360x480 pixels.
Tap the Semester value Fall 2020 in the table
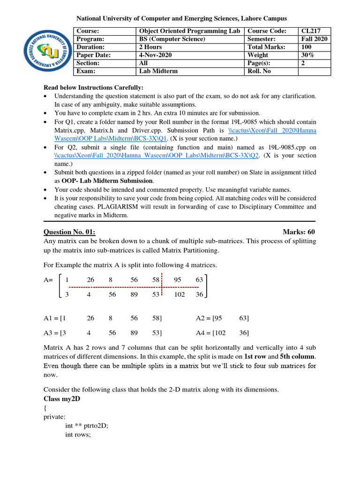pos(315,39)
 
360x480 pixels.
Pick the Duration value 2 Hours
pos(150,47)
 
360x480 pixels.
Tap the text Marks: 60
pos(299,232)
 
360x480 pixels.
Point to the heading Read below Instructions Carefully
pos(93,88)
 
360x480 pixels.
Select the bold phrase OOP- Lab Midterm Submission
pos(107,180)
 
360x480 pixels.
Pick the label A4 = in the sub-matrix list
pos(203,333)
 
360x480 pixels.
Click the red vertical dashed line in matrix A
pos(162,285)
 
